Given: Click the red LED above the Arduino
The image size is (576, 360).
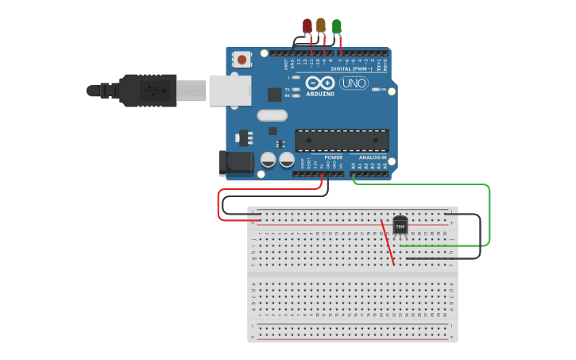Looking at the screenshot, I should [x=307, y=26].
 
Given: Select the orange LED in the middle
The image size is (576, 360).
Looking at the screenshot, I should [x=321, y=25].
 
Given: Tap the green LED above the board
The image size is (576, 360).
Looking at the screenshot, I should [x=337, y=26].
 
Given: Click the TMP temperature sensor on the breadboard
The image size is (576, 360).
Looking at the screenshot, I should [x=400, y=226].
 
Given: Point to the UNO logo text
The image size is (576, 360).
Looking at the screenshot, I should [x=354, y=83].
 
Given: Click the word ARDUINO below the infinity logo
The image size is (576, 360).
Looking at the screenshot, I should [x=320, y=94].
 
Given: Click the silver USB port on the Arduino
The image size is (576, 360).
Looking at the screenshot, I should [x=230, y=90].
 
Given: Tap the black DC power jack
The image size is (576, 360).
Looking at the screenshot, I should [x=237, y=163].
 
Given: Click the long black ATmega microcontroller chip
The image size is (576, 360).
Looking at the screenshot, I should [x=342, y=141].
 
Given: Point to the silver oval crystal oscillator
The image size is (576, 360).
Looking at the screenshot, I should [x=272, y=115].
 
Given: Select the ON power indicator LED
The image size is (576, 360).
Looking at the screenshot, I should [x=375, y=90].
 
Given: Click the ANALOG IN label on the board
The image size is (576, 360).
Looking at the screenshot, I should [x=372, y=157].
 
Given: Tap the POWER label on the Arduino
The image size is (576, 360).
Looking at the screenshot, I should [x=333, y=157].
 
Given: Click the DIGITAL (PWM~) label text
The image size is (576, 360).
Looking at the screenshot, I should [x=352, y=69].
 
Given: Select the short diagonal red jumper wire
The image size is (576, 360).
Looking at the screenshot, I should [x=389, y=243].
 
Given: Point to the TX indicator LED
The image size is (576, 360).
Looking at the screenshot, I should [x=296, y=90].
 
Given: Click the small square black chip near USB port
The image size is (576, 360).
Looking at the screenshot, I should [x=274, y=95].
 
